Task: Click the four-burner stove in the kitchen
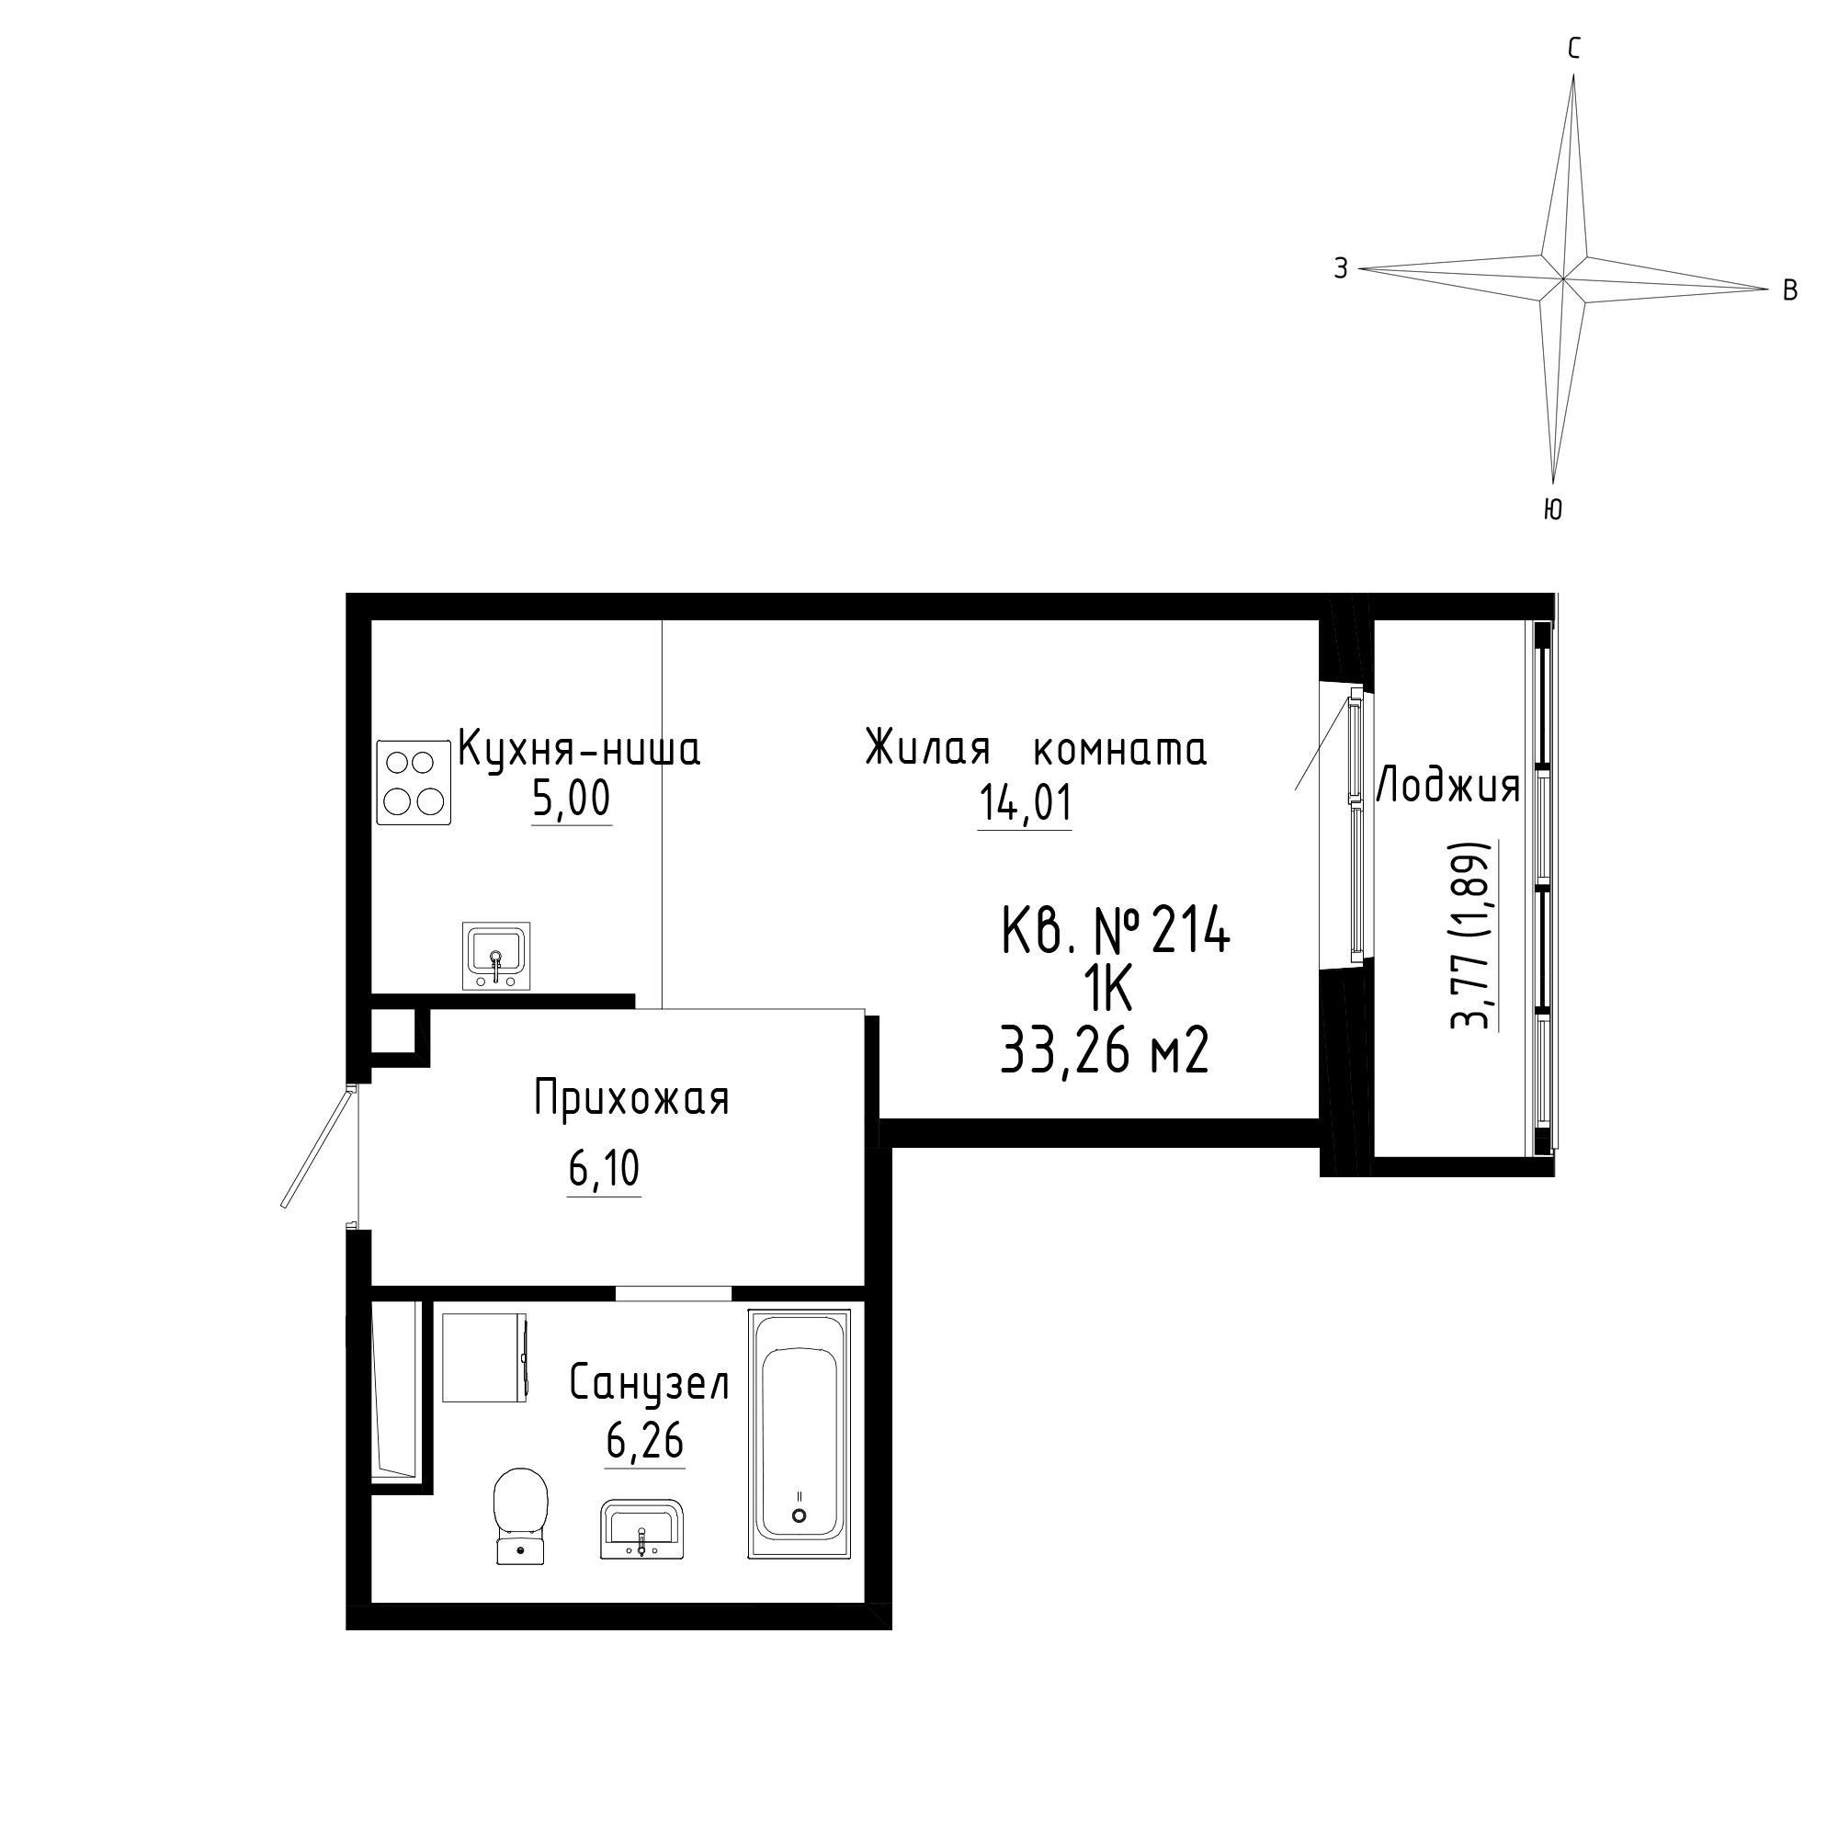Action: tap(414, 782)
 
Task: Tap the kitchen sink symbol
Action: tap(495, 955)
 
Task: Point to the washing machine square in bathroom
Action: tap(485, 1356)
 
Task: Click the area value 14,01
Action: tap(1025, 802)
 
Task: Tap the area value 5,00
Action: tap(571, 800)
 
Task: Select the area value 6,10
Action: tap(604, 1169)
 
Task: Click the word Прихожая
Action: tap(631, 1099)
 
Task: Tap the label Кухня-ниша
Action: tap(579, 749)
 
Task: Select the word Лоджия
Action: tap(1448, 787)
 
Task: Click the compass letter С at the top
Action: tap(1574, 50)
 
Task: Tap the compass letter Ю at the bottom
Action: tap(1552, 510)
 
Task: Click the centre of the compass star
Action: tap(1563, 278)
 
